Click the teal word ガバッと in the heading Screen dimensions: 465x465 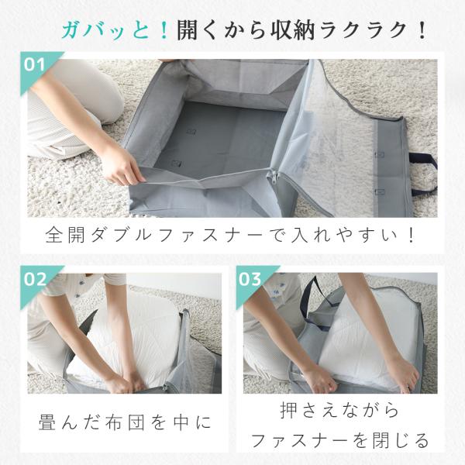click(106, 30)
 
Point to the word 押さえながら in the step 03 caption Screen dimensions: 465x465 click(340, 410)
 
